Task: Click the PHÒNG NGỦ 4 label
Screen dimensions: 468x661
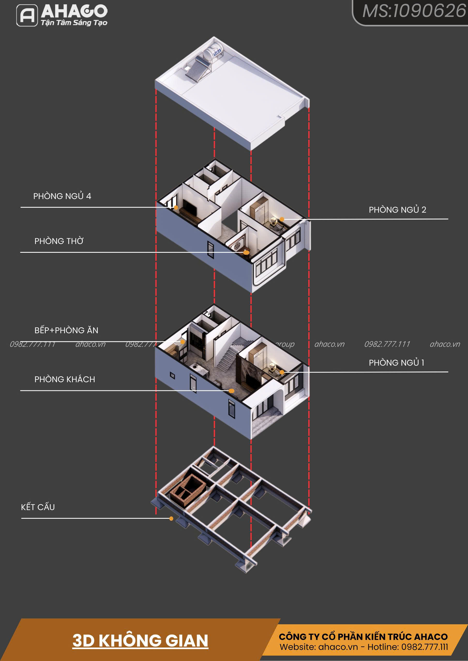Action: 62,196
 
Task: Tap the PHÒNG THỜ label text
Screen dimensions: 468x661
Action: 59,241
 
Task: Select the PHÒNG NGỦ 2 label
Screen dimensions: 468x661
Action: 397,210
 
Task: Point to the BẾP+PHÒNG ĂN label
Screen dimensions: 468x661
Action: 66,330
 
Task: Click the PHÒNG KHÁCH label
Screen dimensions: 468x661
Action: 65,379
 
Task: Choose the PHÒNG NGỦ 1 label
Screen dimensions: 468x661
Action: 396,363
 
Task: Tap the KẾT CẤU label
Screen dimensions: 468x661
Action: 38,507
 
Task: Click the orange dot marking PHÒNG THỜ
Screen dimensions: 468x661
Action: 246,253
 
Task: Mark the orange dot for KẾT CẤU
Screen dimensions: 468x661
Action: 171,518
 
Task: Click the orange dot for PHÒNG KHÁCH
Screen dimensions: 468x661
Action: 231,391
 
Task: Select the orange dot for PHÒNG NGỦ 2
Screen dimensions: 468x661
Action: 282,219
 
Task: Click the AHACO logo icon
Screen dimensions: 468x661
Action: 27,15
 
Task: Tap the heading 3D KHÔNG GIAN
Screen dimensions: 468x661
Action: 140,641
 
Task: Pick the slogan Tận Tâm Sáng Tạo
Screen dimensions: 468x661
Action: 74,23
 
